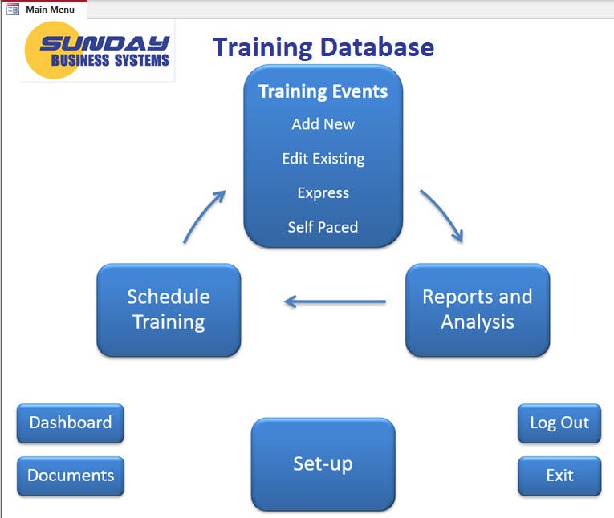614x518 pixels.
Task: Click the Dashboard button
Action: (71, 423)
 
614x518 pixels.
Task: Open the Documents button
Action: (71, 476)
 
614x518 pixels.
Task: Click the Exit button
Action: (559, 476)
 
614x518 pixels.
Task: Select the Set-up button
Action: (323, 463)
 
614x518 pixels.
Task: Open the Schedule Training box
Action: (169, 310)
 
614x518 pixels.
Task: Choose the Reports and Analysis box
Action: (478, 310)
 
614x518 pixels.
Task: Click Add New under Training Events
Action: (323, 124)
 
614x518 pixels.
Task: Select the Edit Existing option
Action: (323, 159)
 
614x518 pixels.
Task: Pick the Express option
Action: (323, 193)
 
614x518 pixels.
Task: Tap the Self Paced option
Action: (323, 227)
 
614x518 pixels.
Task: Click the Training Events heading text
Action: (323, 91)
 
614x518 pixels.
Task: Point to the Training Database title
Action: (323, 47)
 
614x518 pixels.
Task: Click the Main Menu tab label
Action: (50, 10)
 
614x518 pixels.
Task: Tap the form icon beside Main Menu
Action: (13, 10)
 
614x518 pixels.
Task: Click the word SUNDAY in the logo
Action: (105, 44)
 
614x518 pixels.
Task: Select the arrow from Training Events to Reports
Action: (442, 215)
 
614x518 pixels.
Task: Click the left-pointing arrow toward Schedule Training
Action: (335, 302)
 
